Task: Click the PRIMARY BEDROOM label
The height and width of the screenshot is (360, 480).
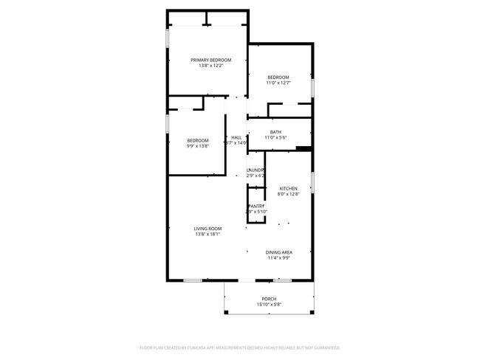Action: click(210, 60)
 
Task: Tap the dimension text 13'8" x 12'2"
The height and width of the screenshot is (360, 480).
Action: click(210, 66)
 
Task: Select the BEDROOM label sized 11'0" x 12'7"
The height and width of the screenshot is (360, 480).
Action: click(278, 77)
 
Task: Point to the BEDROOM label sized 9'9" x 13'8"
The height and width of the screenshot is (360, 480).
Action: click(197, 140)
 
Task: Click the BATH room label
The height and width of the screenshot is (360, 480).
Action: click(275, 132)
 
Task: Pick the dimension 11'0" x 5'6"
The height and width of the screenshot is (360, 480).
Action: click(275, 138)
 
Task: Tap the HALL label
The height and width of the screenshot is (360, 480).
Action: click(236, 137)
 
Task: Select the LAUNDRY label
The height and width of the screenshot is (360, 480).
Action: click(255, 170)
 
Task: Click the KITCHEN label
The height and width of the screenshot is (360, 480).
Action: click(288, 188)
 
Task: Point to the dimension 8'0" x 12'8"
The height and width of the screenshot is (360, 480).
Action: click(288, 194)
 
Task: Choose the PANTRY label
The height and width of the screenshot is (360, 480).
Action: click(256, 206)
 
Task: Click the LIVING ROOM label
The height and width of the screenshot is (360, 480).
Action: click(208, 229)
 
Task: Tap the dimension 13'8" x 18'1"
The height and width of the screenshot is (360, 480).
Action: click(208, 235)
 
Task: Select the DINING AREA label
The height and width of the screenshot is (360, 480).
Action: click(279, 252)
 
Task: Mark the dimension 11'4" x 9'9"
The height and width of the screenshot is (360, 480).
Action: click(279, 258)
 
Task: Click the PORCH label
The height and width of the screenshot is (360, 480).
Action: click(269, 298)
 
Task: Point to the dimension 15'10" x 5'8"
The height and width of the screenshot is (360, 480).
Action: click(269, 304)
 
